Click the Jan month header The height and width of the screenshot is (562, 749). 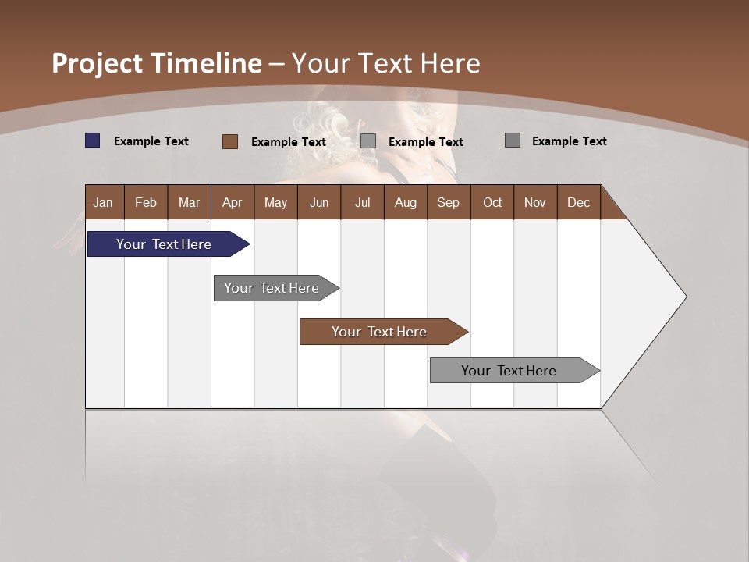(x=104, y=202)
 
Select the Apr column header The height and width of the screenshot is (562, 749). (x=232, y=202)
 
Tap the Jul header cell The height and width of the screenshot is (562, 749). (x=362, y=202)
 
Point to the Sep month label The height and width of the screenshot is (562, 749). (x=448, y=202)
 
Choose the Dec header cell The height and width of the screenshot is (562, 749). (x=578, y=202)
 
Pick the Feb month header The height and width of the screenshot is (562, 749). (x=146, y=202)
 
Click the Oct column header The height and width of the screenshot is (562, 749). (x=492, y=202)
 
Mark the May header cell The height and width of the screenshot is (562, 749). (x=275, y=202)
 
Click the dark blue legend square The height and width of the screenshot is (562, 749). (x=93, y=140)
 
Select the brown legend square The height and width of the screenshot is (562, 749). (x=230, y=141)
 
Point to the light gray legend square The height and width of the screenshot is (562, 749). (x=368, y=141)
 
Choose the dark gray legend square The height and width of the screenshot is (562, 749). (x=513, y=140)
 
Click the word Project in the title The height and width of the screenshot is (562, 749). (x=98, y=63)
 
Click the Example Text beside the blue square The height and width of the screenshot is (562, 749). (x=151, y=141)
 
